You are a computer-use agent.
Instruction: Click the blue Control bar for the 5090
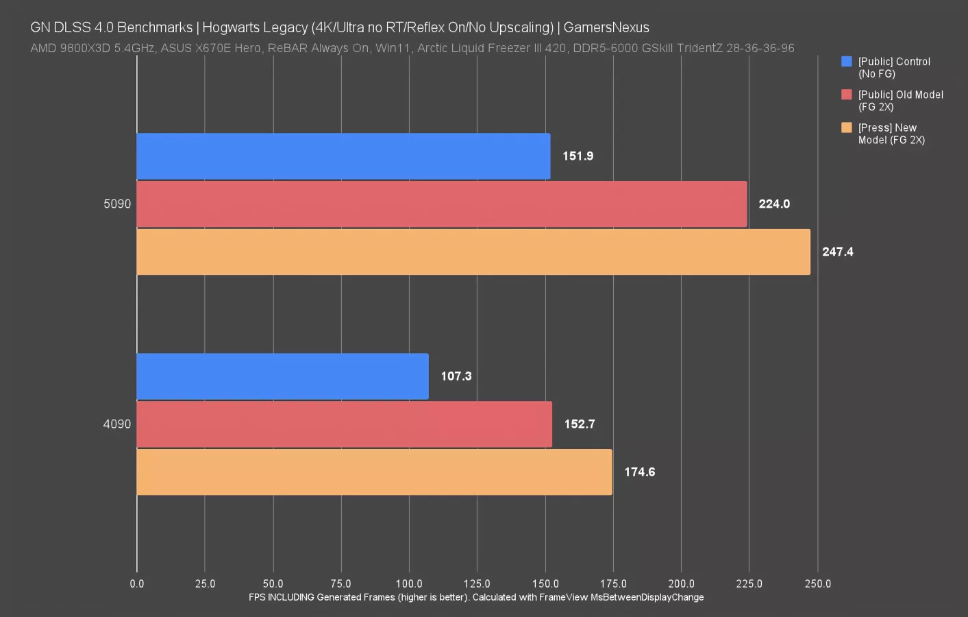(x=343, y=156)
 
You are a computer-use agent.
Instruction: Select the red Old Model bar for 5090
(x=442, y=204)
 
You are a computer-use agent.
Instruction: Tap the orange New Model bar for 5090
(x=473, y=252)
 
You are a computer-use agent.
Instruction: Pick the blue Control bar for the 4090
(x=282, y=376)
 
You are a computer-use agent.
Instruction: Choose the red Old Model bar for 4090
(x=344, y=424)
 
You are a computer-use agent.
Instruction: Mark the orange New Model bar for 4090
(x=374, y=472)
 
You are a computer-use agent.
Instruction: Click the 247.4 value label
(x=837, y=252)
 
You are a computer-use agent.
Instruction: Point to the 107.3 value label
(x=456, y=376)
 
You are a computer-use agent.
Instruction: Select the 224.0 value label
(x=773, y=204)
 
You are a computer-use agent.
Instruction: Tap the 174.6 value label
(x=639, y=472)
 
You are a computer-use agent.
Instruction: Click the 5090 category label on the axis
(x=117, y=204)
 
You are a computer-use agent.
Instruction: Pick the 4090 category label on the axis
(x=117, y=424)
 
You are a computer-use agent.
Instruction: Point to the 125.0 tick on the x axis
(x=477, y=584)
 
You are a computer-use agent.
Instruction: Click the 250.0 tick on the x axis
(x=817, y=584)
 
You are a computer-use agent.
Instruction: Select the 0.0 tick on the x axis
(x=137, y=584)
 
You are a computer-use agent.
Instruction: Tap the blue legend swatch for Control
(x=847, y=62)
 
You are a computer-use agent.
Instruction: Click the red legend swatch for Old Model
(x=847, y=95)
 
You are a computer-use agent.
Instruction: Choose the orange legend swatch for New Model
(x=847, y=128)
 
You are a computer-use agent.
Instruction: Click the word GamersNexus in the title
(x=606, y=27)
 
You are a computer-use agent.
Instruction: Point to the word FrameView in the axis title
(x=563, y=597)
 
